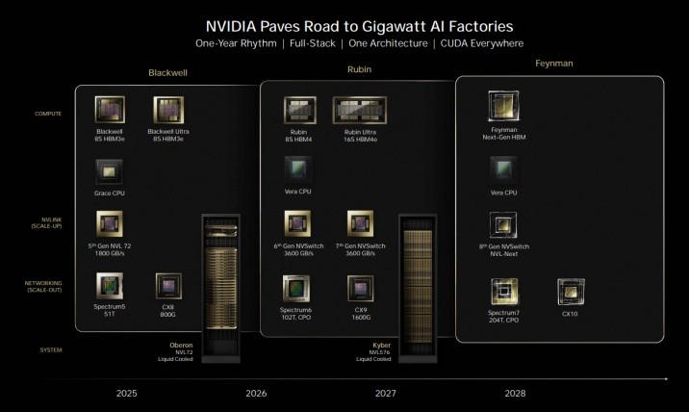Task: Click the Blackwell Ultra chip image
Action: coord(167,110)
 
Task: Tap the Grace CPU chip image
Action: coord(108,171)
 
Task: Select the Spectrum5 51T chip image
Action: coord(108,285)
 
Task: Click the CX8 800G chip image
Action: coord(168,286)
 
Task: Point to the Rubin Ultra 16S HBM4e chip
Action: coord(359,111)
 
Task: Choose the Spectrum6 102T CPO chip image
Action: coord(296,288)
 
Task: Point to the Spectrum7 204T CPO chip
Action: coord(503,291)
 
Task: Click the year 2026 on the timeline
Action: coord(255,393)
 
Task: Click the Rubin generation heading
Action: coord(359,69)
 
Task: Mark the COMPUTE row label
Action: coord(48,114)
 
